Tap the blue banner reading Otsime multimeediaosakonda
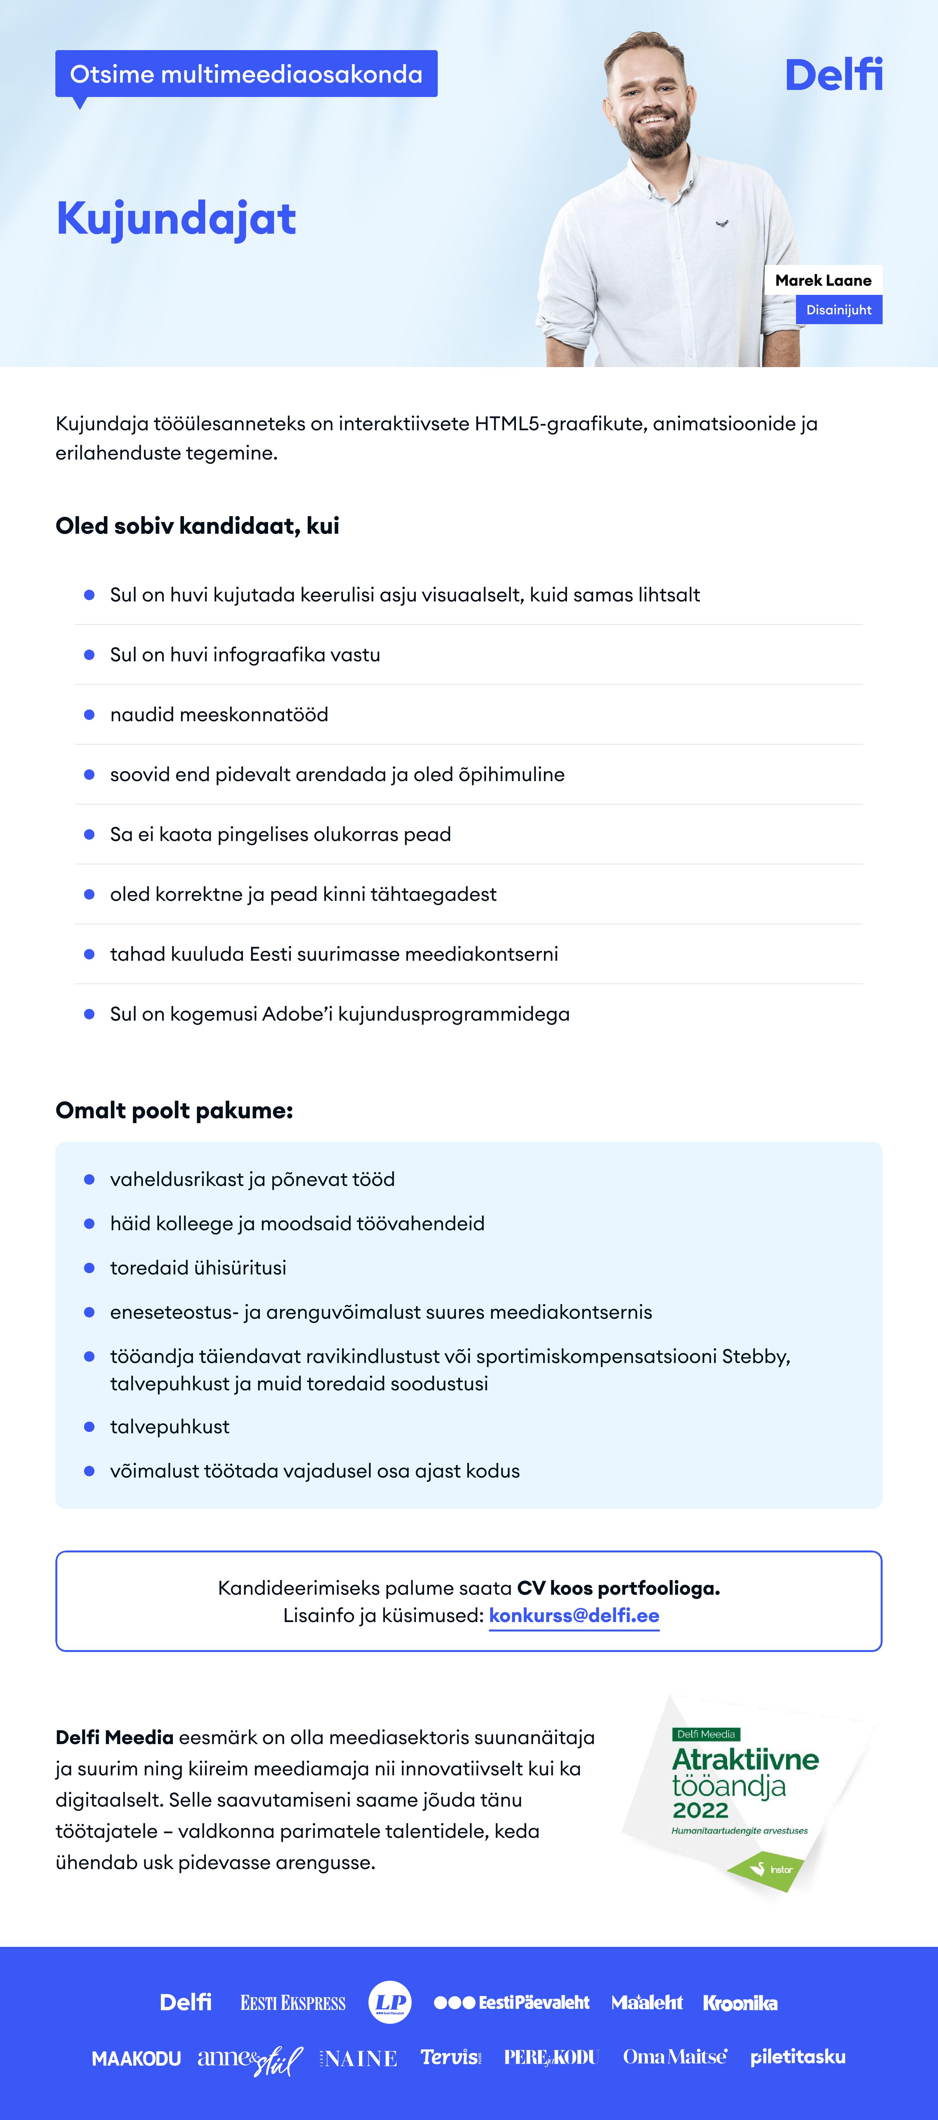coord(246,74)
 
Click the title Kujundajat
coord(176,219)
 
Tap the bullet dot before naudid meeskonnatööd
coord(89,714)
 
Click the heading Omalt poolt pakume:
coord(174,1110)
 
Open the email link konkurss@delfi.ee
coord(574,1616)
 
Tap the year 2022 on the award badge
coord(700,1810)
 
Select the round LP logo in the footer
coord(390,2002)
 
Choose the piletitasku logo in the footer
coord(797,2058)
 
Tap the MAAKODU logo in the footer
coord(136,2058)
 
